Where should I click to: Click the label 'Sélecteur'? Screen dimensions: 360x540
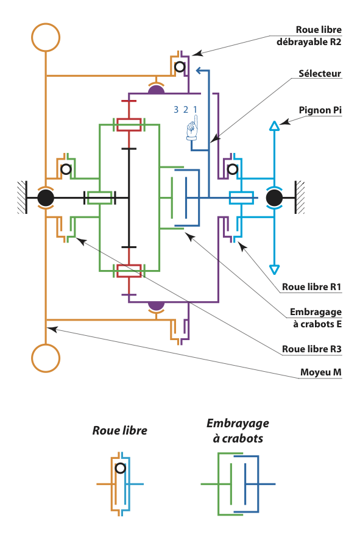320,73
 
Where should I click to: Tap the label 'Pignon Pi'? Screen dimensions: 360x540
320,110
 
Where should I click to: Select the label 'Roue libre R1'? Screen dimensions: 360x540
311,287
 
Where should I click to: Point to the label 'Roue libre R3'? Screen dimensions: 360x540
311,349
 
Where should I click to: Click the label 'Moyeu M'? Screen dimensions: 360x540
321,372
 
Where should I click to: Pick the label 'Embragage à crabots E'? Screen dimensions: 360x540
316,318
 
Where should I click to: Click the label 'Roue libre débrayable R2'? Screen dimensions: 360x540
309,36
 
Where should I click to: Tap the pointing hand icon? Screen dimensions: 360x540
192,128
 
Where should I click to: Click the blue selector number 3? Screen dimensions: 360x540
176,110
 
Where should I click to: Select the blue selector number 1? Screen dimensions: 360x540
195,110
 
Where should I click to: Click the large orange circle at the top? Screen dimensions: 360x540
46,37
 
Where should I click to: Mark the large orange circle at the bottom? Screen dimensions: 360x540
46,358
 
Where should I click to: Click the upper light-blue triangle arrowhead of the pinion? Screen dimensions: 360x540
274,126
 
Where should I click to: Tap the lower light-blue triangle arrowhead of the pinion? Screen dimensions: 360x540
274,269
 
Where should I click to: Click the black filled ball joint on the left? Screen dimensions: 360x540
46,198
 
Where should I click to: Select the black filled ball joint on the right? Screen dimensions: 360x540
274,198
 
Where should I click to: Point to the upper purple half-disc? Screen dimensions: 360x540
157,90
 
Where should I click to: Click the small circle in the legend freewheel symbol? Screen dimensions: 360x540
121,468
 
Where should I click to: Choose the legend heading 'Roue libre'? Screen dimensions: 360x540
120,430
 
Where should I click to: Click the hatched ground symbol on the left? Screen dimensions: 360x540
23,197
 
